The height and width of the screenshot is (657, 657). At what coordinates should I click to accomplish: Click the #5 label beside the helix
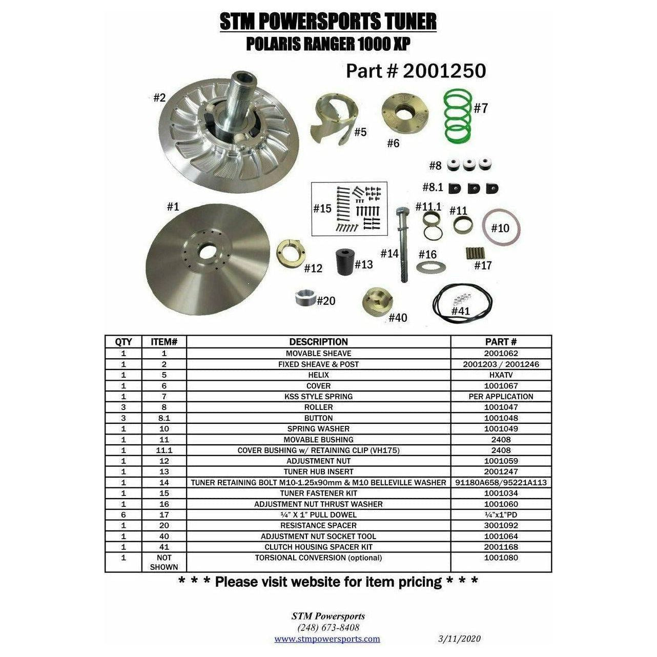click(360, 132)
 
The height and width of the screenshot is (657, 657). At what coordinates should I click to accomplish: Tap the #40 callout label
click(398, 318)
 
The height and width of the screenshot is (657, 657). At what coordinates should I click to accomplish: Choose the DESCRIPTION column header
click(318, 342)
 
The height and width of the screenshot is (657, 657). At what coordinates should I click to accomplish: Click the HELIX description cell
click(318, 375)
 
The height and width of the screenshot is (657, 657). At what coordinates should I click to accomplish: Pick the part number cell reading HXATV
click(501, 375)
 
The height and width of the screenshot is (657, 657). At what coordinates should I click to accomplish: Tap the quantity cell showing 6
click(124, 515)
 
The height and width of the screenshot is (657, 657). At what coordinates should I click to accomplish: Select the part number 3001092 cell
click(501, 525)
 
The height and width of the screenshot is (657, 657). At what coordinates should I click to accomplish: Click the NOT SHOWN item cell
click(164, 562)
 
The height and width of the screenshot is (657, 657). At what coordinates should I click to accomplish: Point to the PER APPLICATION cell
click(501, 397)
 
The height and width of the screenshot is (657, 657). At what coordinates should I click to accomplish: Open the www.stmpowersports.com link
click(327, 639)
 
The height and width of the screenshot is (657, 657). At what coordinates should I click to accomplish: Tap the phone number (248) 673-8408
click(328, 628)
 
